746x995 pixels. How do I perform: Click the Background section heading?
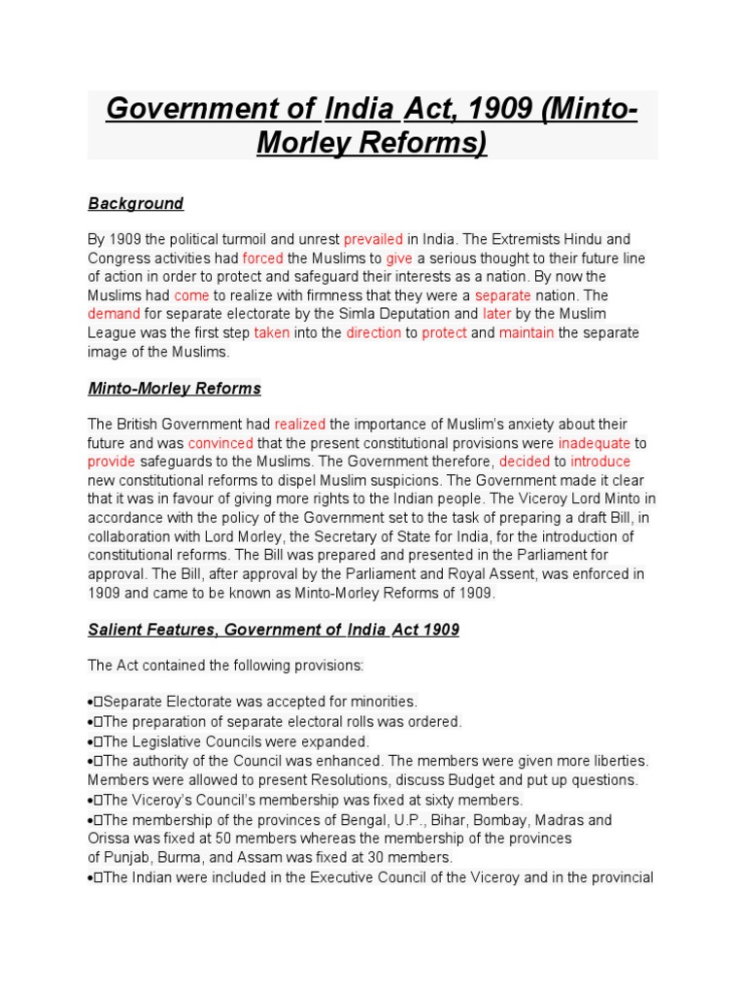(x=135, y=204)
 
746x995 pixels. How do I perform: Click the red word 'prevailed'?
(x=373, y=239)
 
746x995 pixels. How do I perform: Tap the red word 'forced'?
(x=262, y=258)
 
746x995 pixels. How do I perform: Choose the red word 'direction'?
(x=373, y=332)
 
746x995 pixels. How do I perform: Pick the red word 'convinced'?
(x=220, y=443)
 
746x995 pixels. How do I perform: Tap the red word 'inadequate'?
(x=593, y=443)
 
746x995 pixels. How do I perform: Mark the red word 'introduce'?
(x=600, y=462)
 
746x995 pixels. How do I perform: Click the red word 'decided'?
(x=525, y=462)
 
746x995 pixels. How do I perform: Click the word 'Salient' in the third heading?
(x=116, y=630)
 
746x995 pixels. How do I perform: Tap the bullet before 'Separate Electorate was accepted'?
(x=91, y=702)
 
